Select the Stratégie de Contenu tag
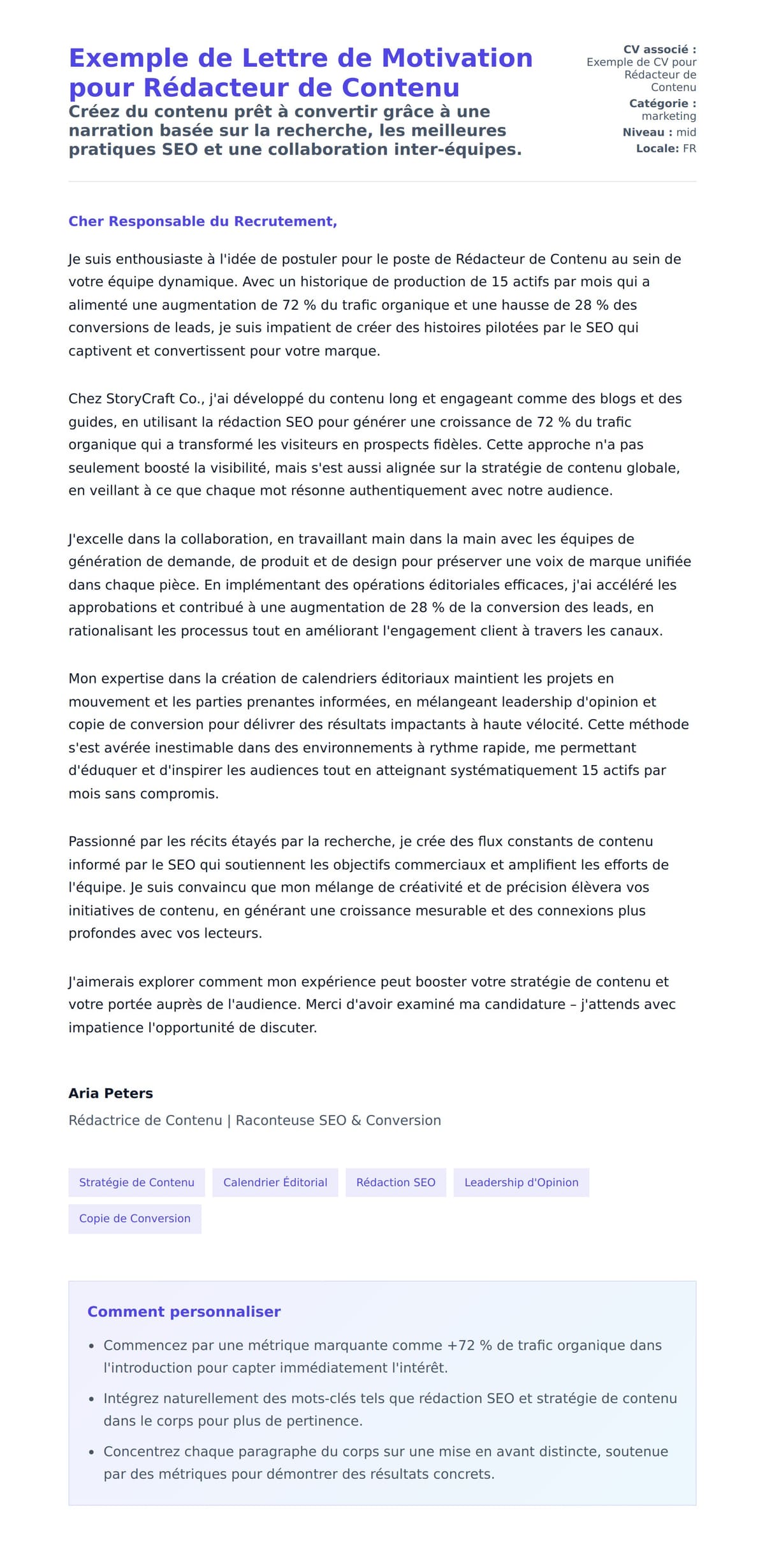[x=136, y=1182]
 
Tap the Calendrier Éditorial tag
[x=275, y=1182]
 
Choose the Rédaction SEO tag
[x=395, y=1182]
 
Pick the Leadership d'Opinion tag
[x=521, y=1182]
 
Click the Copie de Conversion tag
[x=135, y=1218]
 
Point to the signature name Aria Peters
[x=110, y=1093]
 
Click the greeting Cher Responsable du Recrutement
[x=202, y=221]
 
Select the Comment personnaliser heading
[x=184, y=1311]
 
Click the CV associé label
[x=659, y=50]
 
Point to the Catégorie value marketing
[x=669, y=116]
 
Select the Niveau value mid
[x=686, y=133]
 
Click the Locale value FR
[x=689, y=149]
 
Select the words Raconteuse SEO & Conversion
[x=338, y=1121]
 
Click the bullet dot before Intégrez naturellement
[x=92, y=1399]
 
